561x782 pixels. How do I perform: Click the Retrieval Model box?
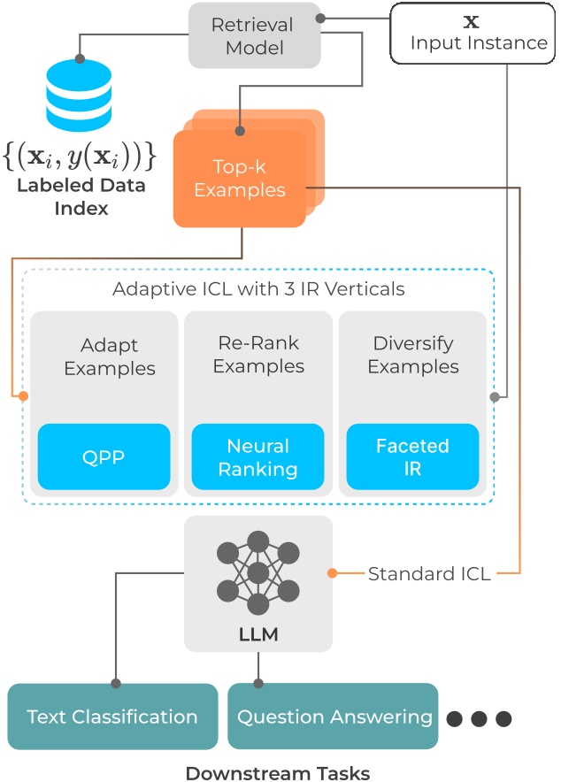coord(253,34)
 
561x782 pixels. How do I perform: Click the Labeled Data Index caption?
coord(80,197)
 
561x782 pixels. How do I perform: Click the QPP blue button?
coord(104,457)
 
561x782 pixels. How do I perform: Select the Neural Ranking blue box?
coord(257,457)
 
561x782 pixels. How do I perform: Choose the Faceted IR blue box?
coord(412,457)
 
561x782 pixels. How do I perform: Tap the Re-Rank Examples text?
coord(257,353)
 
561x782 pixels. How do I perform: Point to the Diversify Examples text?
coord(412,353)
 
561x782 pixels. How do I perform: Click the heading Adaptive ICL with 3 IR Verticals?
coord(257,289)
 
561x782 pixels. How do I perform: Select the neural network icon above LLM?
coord(257,572)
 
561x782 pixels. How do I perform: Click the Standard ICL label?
coord(430,573)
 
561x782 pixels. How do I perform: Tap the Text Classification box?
coord(112,717)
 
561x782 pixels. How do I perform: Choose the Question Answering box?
coord(334,717)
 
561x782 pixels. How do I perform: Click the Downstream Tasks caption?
coord(277,772)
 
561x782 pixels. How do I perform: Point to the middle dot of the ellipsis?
coord(479,717)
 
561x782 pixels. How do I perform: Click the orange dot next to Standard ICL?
coord(332,573)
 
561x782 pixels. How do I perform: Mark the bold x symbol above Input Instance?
coord(471,19)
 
